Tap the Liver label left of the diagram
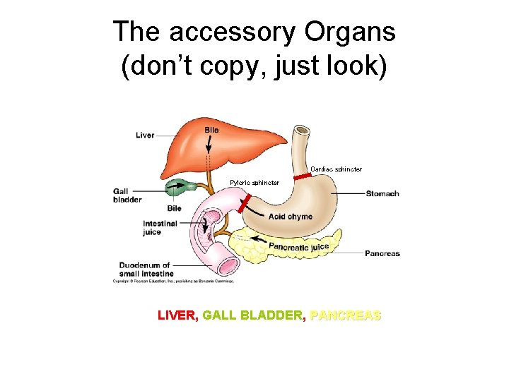coord(145,135)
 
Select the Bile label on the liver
coord(211,130)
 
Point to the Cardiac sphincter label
coord(336,169)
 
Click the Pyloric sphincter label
coord(255,183)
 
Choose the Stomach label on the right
coord(382,193)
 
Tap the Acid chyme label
coord(290,217)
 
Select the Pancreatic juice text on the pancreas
coord(299,247)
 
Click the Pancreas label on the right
coord(382,253)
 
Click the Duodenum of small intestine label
coord(144,269)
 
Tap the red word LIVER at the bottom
coord(177,315)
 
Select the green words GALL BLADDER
coord(253,315)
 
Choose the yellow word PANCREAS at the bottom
coord(346,315)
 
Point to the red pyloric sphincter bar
coord(245,205)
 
